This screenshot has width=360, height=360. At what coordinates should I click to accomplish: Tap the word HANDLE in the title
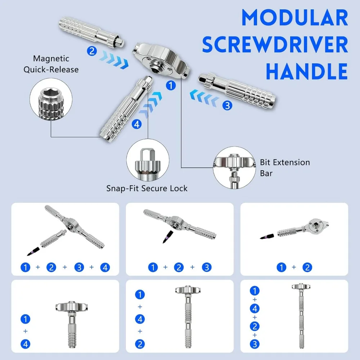point(307,71)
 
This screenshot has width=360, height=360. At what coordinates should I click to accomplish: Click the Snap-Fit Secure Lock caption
point(147,188)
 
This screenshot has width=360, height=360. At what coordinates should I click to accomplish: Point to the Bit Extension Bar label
point(285,168)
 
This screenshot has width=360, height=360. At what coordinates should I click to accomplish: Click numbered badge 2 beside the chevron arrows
point(92,51)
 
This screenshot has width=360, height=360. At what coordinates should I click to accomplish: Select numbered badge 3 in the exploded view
point(227,105)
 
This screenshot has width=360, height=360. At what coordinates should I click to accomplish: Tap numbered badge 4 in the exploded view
point(136,125)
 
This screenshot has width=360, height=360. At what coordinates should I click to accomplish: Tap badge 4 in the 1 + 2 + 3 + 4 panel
point(105,267)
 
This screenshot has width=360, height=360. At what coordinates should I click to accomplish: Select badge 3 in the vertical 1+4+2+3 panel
point(255,344)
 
